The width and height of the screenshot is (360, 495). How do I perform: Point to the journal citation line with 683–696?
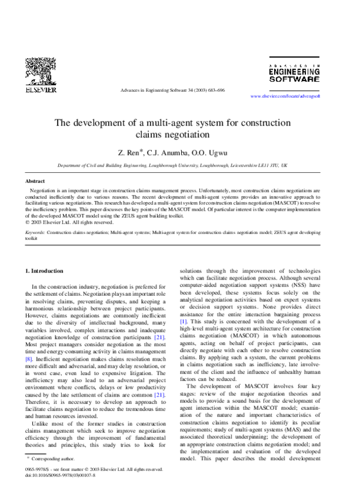(173, 90)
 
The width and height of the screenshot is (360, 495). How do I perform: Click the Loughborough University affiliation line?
(173, 164)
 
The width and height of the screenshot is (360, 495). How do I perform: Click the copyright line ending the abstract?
(69, 222)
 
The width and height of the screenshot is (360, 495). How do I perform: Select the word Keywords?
(35, 231)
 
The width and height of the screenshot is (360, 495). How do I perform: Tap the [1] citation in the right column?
(184, 322)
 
